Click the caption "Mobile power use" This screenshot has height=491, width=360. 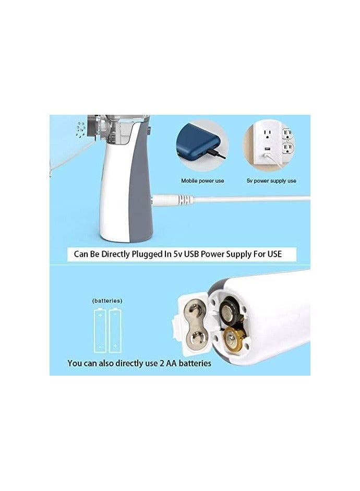(202, 181)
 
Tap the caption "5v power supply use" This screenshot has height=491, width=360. (271, 181)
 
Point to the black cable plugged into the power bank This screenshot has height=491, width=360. (219, 155)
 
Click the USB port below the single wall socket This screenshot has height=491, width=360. (267, 151)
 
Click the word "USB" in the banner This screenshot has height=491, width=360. (215, 255)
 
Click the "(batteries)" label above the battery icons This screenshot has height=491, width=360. (107, 301)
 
